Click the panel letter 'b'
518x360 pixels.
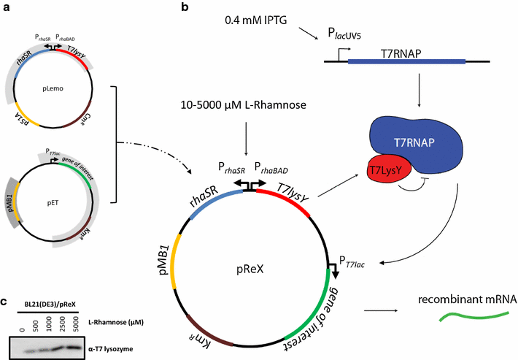[185, 8]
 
